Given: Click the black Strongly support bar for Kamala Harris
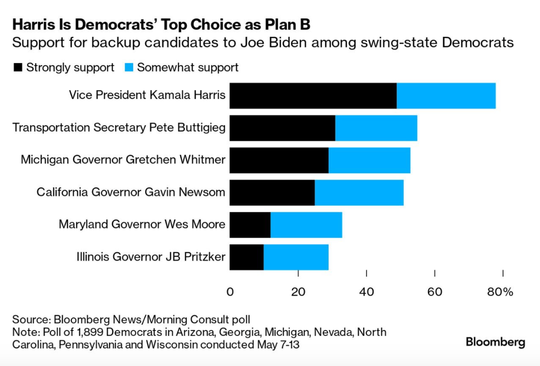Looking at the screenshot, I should pyautogui.click(x=313, y=95).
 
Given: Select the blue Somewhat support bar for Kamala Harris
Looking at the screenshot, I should pyautogui.click(x=446, y=95).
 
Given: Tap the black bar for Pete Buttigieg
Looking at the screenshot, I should pyautogui.click(x=282, y=128).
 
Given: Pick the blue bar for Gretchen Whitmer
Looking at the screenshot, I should pyautogui.click(x=369, y=160).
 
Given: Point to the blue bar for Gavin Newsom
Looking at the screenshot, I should pyautogui.click(x=359, y=193).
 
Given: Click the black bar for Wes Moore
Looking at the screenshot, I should pyautogui.click(x=250, y=225).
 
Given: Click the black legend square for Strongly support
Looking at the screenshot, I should pyautogui.click(x=18, y=68).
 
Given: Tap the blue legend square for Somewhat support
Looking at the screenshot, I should pyautogui.click(x=129, y=68).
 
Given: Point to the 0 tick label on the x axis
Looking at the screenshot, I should pyautogui.click(x=230, y=292).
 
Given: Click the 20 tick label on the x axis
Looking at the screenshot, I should pyautogui.click(x=298, y=292).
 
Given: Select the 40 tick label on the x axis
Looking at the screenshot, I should pyautogui.click(x=366, y=292).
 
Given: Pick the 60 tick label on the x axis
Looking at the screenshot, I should pyautogui.click(x=434, y=292).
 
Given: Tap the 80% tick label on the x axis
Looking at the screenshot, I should pyautogui.click(x=501, y=292).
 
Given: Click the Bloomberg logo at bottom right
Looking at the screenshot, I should pyautogui.click(x=495, y=342).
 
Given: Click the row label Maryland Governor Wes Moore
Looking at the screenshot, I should pyautogui.click(x=142, y=225).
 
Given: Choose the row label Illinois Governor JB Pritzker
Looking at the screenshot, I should pyautogui.click(x=151, y=257).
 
